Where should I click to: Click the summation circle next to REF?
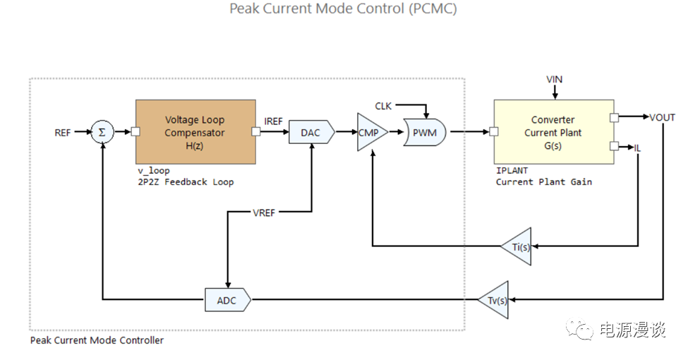click(102, 132)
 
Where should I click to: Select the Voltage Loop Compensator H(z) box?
click(195, 132)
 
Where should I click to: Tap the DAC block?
click(310, 133)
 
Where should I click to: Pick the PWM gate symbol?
click(424, 133)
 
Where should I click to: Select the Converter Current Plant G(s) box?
click(553, 132)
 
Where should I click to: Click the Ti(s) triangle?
click(519, 246)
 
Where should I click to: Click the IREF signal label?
click(273, 121)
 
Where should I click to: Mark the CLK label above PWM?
click(383, 107)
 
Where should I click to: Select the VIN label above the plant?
click(555, 79)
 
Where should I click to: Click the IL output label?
click(637, 147)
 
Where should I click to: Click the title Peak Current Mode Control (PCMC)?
click(344, 9)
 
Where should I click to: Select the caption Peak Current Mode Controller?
click(97, 341)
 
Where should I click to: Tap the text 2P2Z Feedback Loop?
click(186, 182)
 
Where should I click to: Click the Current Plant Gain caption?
click(543, 182)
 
